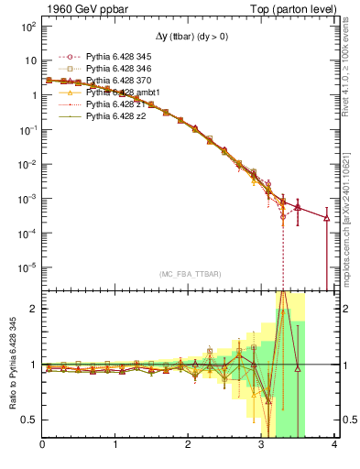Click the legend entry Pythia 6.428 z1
click(103, 104)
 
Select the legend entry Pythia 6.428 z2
click(103, 116)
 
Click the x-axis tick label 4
click(335, 445)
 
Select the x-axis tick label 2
click(189, 445)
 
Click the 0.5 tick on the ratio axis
click(28, 420)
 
